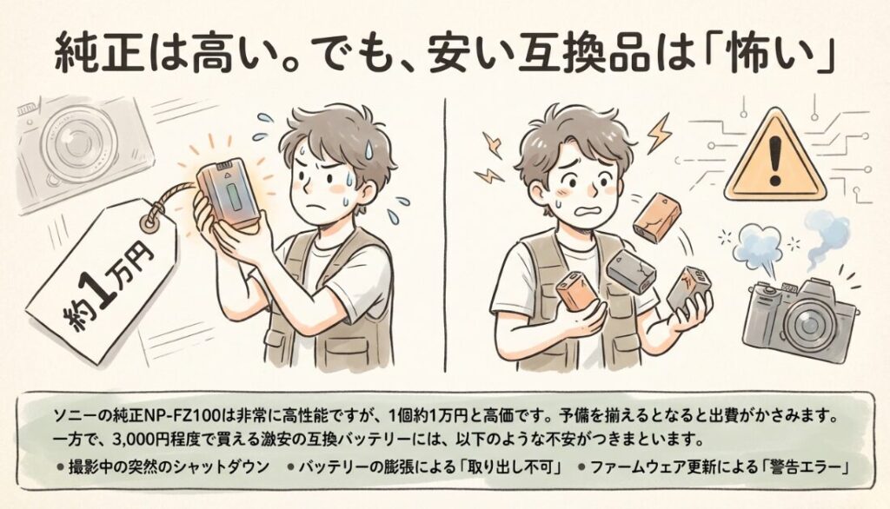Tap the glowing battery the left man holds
(228, 193)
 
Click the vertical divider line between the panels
(444, 235)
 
